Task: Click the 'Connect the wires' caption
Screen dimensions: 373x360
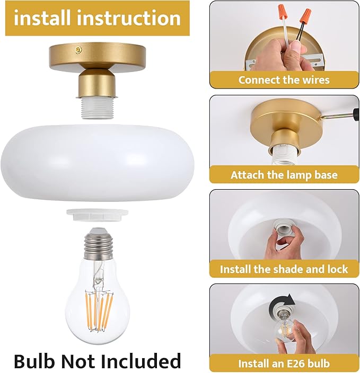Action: pyautogui.click(x=284, y=80)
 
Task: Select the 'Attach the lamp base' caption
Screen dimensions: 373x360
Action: pyautogui.click(x=284, y=174)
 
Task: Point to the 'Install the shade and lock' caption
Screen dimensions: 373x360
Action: pyautogui.click(x=284, y=269)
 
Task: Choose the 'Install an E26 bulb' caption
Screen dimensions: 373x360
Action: pyautogui.click(x=284, y=363)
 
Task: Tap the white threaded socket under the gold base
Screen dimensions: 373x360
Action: pyautogui.click(x=98, y=108)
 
